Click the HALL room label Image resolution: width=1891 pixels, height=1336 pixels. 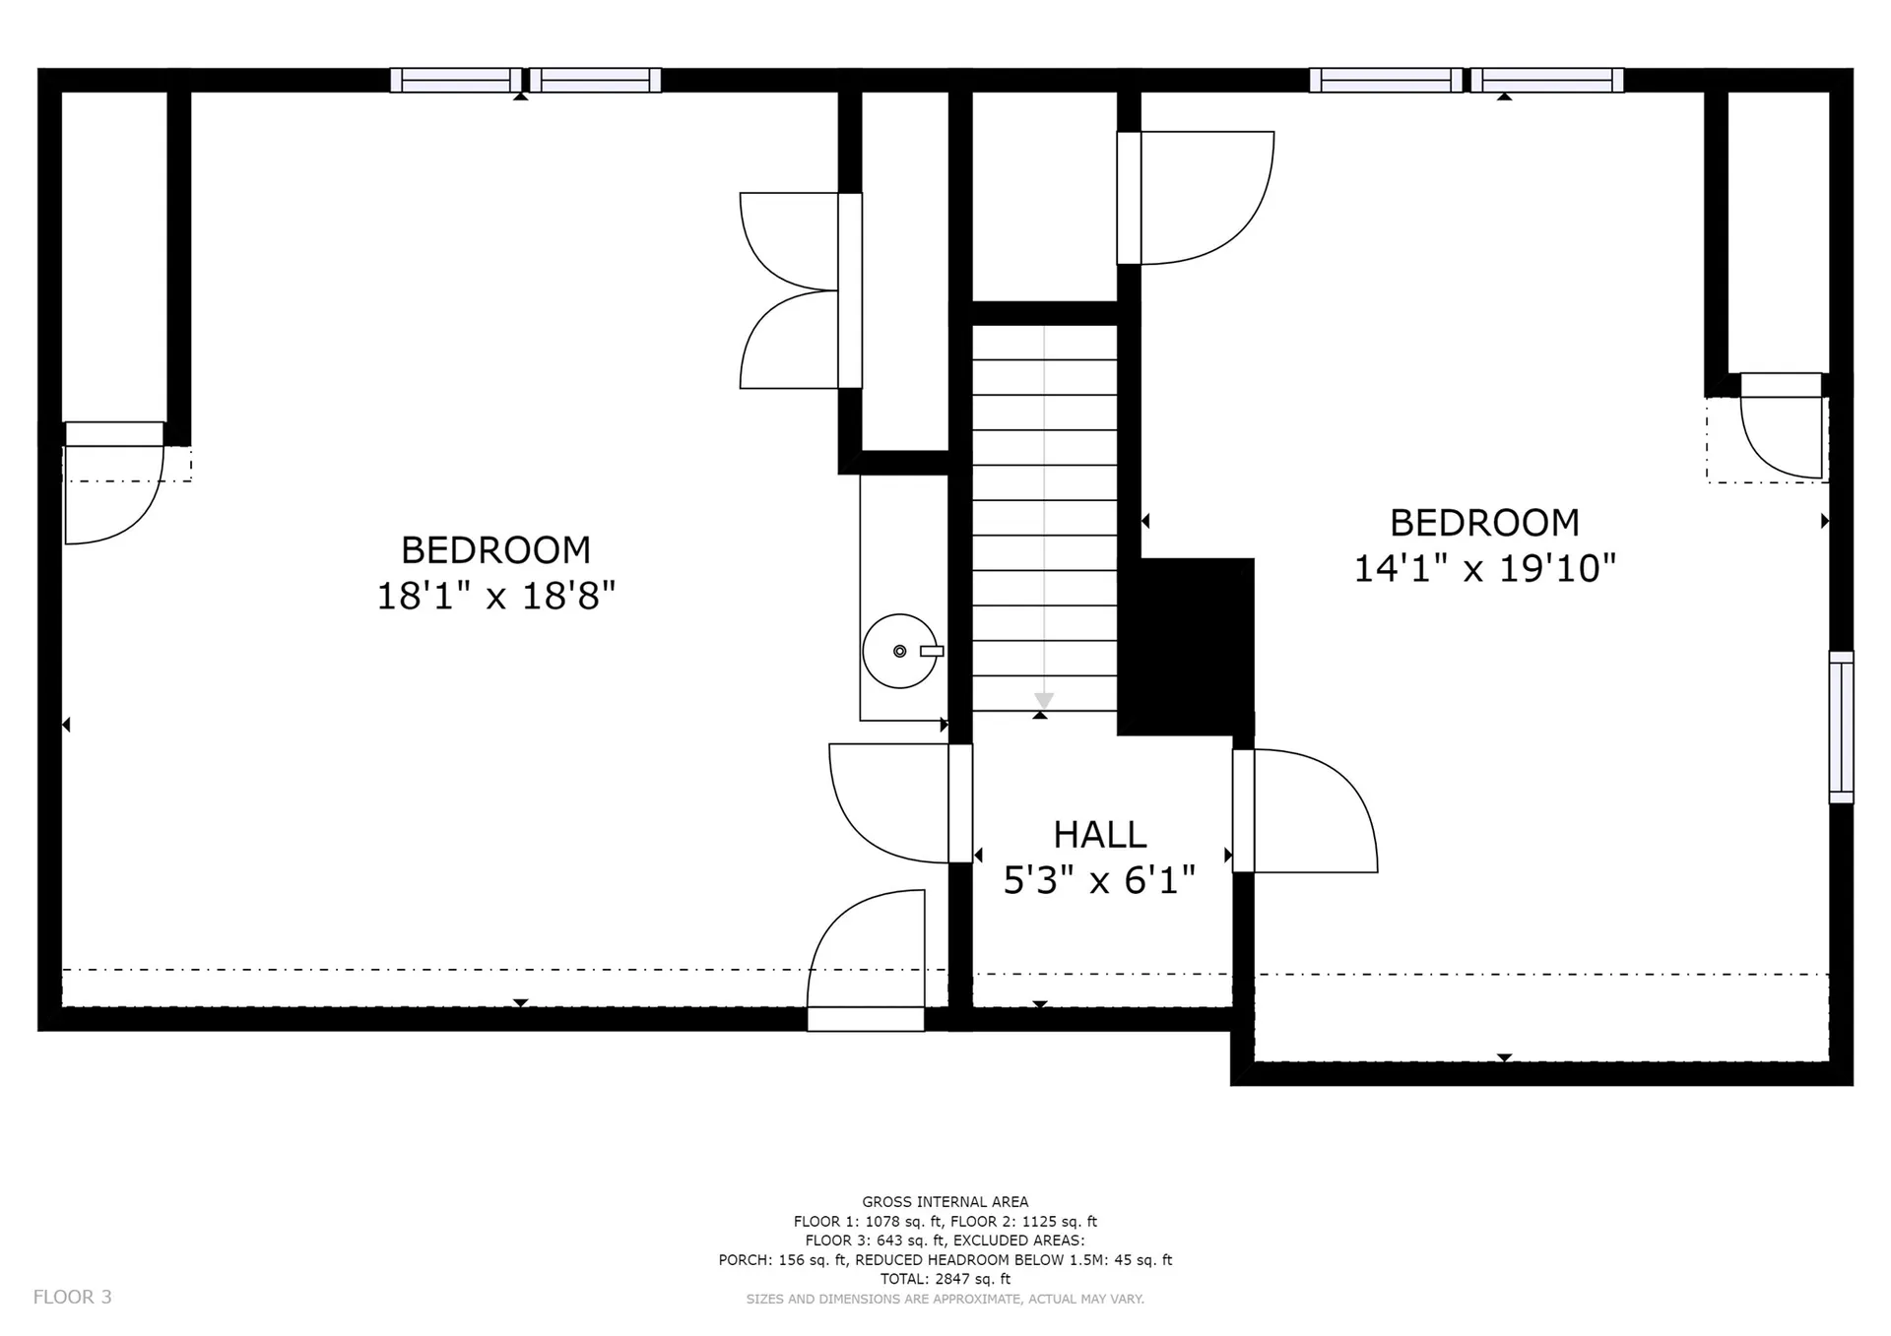point(1100,835)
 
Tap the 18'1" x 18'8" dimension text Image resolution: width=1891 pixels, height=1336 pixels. point(496,596)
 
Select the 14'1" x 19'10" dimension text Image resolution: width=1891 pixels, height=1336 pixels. point(1485,568)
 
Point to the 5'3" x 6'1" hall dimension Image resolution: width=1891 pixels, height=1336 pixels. point(1099,880)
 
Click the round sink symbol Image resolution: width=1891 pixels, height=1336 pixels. point(900,651)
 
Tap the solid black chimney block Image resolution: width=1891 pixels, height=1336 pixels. point(1186,646)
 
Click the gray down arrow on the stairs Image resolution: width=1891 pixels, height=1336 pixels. point(1044,700)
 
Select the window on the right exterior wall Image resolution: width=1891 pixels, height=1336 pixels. point(1841,727)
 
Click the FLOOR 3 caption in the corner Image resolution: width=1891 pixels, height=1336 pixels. point(73,1297)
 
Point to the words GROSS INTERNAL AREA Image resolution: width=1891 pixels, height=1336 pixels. point(945,1201)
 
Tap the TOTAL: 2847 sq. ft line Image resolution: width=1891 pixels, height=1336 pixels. point(945,1279)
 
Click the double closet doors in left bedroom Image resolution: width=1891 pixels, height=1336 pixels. point(800,290)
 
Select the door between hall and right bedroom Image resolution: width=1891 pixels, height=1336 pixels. point(1305,811)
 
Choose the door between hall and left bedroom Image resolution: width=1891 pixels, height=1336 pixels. point(900,803)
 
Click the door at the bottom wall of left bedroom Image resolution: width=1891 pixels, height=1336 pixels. point(866,961)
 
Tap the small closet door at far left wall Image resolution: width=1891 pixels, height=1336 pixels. point(114,483)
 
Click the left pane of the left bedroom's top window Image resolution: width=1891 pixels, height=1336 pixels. point(456,80)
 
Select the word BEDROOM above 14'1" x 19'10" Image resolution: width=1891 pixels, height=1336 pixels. point(1484,522)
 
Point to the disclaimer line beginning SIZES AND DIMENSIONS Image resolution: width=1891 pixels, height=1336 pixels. point(945,1299)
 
